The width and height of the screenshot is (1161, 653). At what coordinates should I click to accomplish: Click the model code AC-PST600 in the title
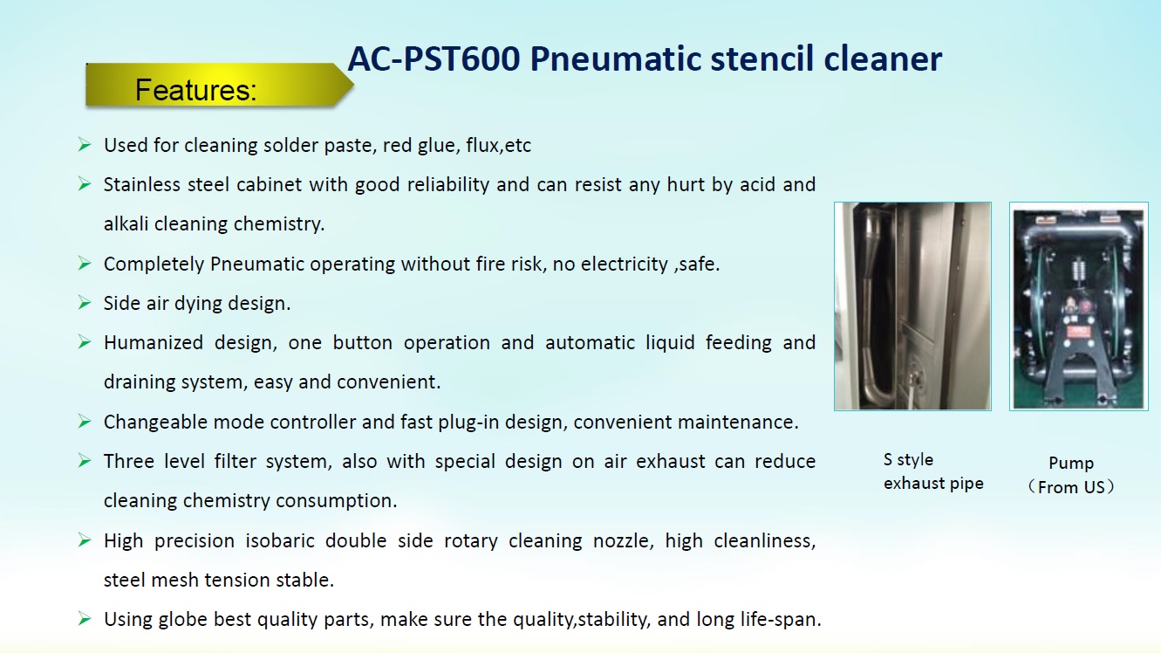click(x=434, y=58)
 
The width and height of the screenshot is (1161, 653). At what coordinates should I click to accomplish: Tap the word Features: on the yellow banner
click(x=196, y=90)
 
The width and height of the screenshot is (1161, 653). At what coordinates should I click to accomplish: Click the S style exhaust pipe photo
click(x=912, y=306)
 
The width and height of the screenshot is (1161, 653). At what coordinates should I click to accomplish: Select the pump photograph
click(x=1079, y=306)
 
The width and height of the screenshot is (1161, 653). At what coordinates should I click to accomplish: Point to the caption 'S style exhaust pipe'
click(x=933, y=471)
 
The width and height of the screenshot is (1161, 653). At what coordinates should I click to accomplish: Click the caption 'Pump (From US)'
click(x=1071, y=475)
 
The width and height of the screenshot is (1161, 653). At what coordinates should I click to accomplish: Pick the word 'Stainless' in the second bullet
click(x=142, y=184)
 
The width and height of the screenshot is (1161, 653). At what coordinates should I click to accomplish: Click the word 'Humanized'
click(x=154, y=342)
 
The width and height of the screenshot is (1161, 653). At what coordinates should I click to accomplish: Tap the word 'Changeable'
click(x=155, y=423)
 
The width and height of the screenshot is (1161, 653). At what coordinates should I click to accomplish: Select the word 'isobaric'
click(x=280, y=540)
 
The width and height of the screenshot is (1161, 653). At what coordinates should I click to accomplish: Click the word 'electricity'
click(x=624, y=264)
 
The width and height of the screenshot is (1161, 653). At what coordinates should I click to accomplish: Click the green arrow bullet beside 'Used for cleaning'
click(x=85, y=144)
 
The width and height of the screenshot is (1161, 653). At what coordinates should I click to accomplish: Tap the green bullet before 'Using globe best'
click(x=85, y=618)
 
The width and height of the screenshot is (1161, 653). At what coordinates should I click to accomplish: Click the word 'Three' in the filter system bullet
click(x=129, y=461)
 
